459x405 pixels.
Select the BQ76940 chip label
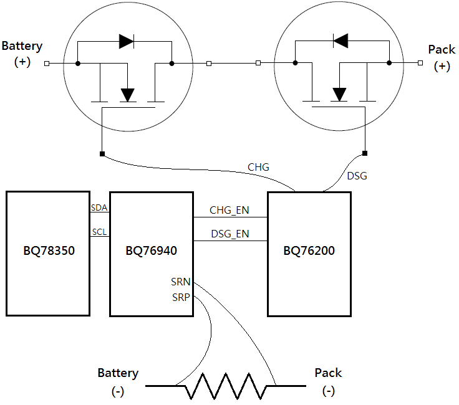pyautogui.click(x=151, y=252)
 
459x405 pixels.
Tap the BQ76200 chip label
pyautogui.click(x=309, y=252)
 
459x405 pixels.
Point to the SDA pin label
pyautogui.click(x=100, y=207)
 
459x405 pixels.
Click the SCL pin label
pyautogui.click(x=100, y=232)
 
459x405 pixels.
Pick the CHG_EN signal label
pyautogui.click(x=229, y=211)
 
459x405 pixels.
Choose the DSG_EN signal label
pyautogui.click(x=229, y=234)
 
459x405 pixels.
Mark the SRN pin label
pyautogui.click(x=181, y=282)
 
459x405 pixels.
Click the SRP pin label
pyautogui.click(x=181, y=297)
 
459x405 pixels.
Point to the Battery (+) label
pyautogui.click(x=22, y=54)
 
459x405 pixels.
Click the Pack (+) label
pyautogui.click(x=442, y=57)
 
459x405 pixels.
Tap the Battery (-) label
pyautogui.click(x=118, y=381)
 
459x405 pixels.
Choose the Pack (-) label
pyautogui.click(x=328, y=381)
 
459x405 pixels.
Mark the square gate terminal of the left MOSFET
pyautogui.click(x=102, y=153)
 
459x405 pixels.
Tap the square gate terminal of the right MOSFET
pyautogui.click(x=365, y=153)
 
